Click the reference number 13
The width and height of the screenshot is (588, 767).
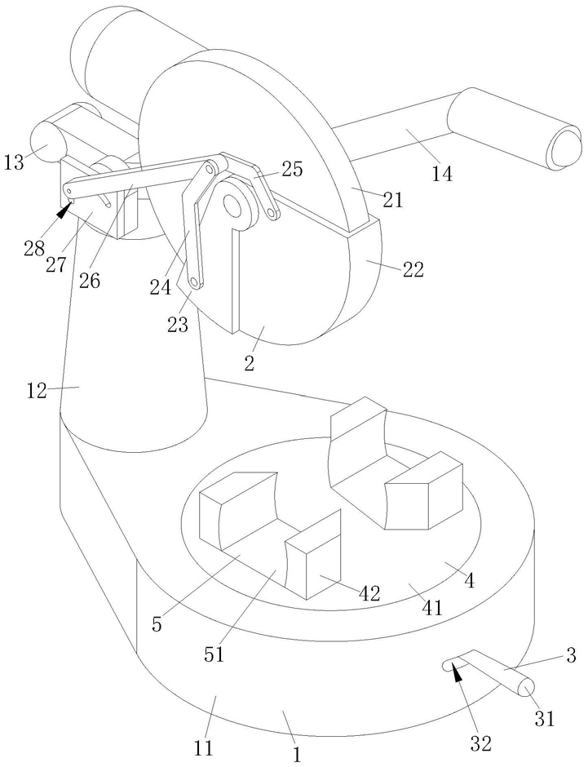[14, 162]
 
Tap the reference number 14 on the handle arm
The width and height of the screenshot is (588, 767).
[442, 174]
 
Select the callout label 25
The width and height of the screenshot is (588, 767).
[293, 169]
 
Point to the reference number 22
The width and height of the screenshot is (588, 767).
[413, 269]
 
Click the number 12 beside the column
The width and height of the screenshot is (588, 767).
[36, 391]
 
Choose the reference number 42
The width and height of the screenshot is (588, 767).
[369, 593]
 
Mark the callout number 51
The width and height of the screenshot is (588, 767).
[214, 654]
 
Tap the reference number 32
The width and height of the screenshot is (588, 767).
[480, 743]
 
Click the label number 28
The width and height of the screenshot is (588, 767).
[34, 248]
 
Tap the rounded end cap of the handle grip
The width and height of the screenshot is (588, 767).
[567, 145]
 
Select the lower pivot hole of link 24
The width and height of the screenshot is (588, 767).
[195, 282]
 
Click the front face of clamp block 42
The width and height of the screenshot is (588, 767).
[323, 566]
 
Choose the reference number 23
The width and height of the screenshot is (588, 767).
[178, 324]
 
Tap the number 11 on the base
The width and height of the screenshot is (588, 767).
[204, 748]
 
